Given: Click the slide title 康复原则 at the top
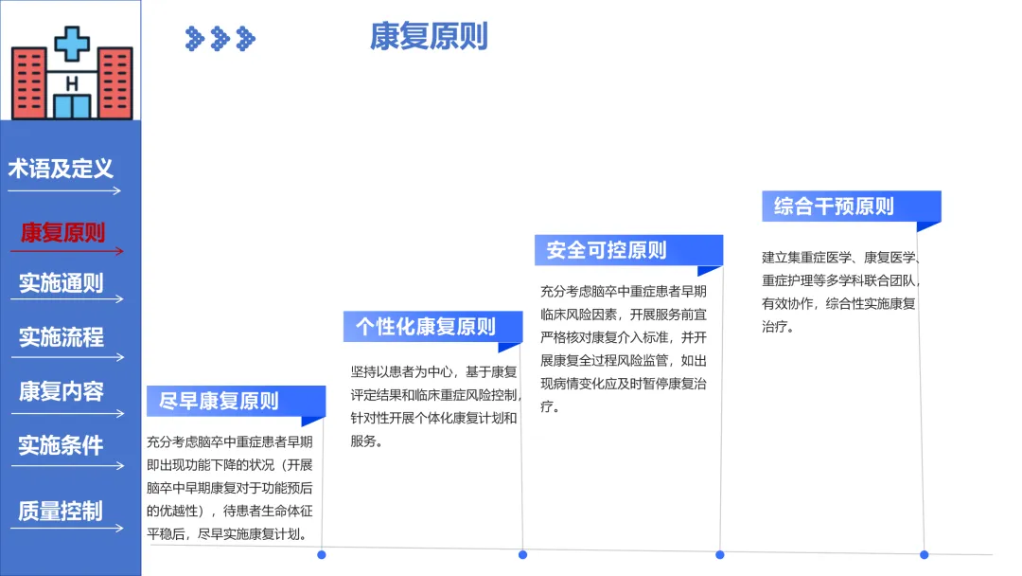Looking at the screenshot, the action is [429, 36].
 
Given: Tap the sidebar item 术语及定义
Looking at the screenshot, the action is [61, 169].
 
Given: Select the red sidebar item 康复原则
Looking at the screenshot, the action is [62, 232].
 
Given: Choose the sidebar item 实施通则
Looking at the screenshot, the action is [62, 283].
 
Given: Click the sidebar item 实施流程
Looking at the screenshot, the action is [62, 337].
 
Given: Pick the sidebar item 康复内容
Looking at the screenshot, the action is [62, 391].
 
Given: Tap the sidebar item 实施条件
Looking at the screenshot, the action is [61, 445].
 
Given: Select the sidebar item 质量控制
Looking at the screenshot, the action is [61, 511].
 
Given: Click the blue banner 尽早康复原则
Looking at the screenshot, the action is [236, 401].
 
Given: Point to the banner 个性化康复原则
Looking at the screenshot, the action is [432, 327].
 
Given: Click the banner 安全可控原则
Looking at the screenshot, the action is [629, 250].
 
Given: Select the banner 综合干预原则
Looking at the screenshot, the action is [852, 207].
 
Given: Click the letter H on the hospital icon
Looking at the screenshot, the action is [72, 83].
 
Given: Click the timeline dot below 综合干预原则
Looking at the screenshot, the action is [925, 555].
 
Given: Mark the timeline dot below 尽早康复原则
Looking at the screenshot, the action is [322, 555].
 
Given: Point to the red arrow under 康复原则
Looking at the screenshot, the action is [67, 251].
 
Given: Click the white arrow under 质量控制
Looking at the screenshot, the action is [67, 529].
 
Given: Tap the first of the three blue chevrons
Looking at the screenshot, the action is [194, 39].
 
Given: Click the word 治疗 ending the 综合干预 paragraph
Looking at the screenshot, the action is [774, 327].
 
